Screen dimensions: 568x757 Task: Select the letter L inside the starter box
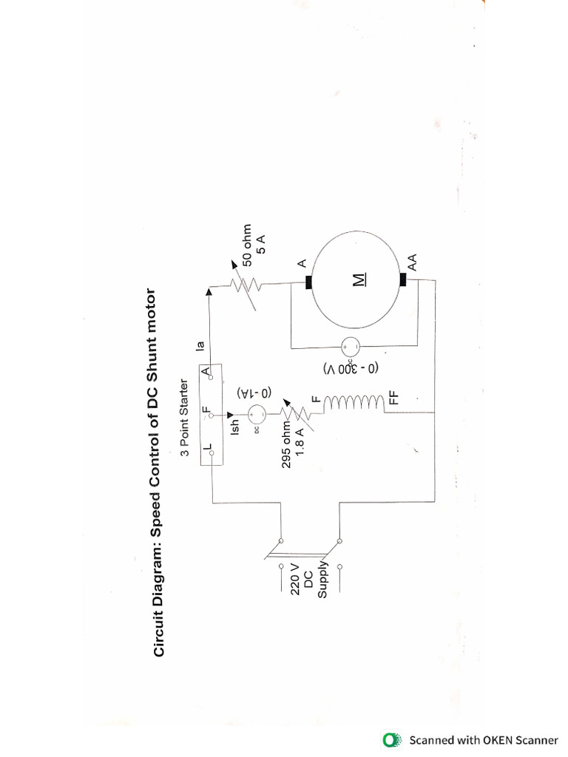tap(206, 449)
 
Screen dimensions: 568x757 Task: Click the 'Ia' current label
tap(199, 343)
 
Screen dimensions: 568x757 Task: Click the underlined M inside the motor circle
tap(359, 279)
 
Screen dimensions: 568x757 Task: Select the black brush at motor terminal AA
tap(403, 279)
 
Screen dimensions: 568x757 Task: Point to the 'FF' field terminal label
tap(395, 397)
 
